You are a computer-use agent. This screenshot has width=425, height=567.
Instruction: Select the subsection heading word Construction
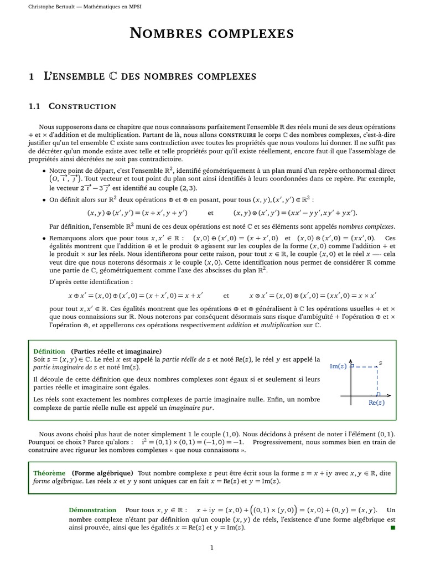[x=82, y=106]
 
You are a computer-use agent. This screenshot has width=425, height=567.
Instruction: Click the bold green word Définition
[x=49, y=351]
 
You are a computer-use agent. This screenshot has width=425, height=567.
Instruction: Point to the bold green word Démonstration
[x=92, y=510]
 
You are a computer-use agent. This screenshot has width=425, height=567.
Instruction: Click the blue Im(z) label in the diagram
[x=338, y=366]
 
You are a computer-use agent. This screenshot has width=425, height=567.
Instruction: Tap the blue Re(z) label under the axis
[x=376, y=403]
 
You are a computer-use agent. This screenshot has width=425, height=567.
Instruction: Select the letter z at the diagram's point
[x=380, y=363]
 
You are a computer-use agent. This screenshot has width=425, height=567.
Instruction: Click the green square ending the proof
[x=393, y=528]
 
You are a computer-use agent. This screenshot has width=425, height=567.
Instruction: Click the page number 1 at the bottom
[x=211, y=548]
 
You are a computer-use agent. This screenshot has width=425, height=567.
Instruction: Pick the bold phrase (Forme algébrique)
[x=102, y=473]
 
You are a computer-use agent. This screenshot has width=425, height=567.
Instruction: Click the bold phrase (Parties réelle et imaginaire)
[x=116, y=351]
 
